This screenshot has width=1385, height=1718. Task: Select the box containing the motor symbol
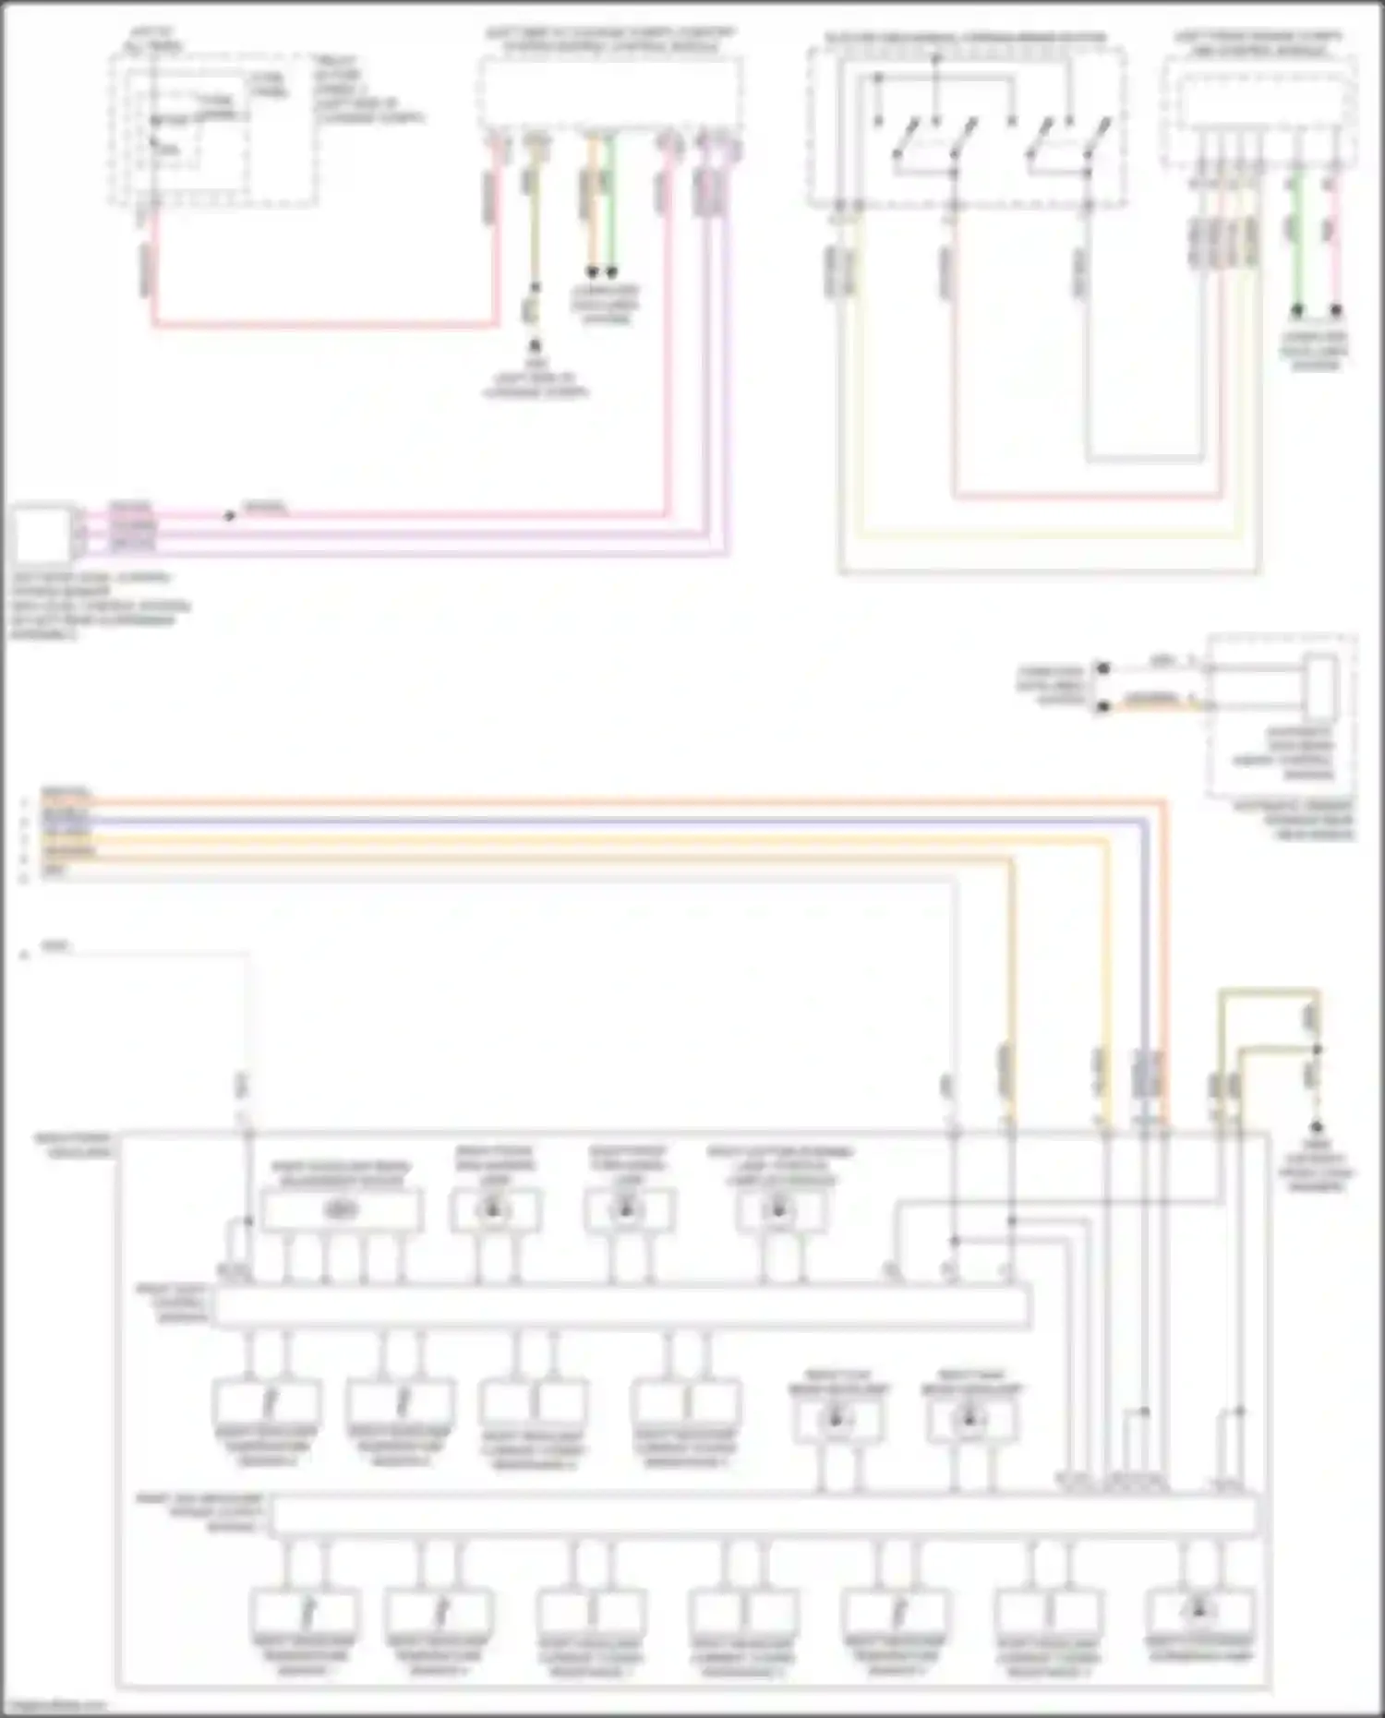[x=342, y=1210]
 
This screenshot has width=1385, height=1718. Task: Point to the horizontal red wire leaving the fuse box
[x=323, y=324]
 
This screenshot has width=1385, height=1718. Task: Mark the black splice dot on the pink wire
[x=230, y=515]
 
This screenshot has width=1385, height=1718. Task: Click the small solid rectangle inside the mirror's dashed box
[x=1321, y=688]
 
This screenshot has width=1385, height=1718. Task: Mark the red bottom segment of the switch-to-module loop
[x=1090, y=497]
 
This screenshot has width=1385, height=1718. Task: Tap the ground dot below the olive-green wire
[x=1318, y=1127]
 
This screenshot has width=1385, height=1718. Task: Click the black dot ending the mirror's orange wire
[x=1102, y=707]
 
